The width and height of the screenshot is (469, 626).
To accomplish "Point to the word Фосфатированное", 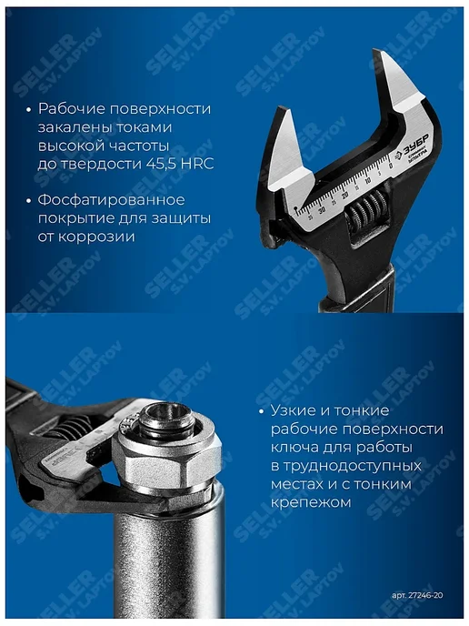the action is [112, 199].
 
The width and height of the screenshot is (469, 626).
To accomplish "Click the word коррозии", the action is [96, 237].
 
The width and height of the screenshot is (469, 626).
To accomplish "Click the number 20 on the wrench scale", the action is [345, 196].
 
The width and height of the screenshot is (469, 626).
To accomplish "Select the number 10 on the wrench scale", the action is [368, 180].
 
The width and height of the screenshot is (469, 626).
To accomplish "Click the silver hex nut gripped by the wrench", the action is [166, 460].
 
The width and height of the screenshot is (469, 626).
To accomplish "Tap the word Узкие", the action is [293, 410].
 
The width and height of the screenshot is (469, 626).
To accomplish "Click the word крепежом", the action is [311, 502].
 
